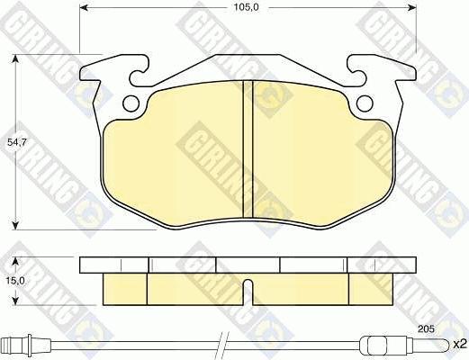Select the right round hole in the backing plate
pos(365,103)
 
